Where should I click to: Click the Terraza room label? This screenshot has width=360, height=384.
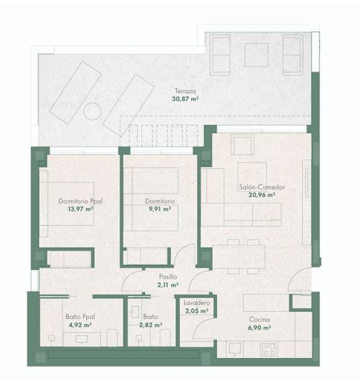(x=185, y=91)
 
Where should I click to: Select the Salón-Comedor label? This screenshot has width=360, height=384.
(x=262, y=187)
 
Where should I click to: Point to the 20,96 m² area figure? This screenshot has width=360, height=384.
(x=262, y=195)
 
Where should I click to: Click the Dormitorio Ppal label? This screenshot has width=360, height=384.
(x=78, y=201)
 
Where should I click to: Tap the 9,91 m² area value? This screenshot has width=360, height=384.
(x=158, y=209)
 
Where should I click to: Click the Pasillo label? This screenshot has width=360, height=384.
(x=168, y=276)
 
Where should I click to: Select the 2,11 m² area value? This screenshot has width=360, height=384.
(x=168, y=284)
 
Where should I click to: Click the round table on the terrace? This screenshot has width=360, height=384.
(x=92, y=112)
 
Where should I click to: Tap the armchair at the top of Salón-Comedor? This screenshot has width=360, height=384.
(x=240, y=145)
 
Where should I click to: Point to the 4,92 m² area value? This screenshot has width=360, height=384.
(x=79, y=326)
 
